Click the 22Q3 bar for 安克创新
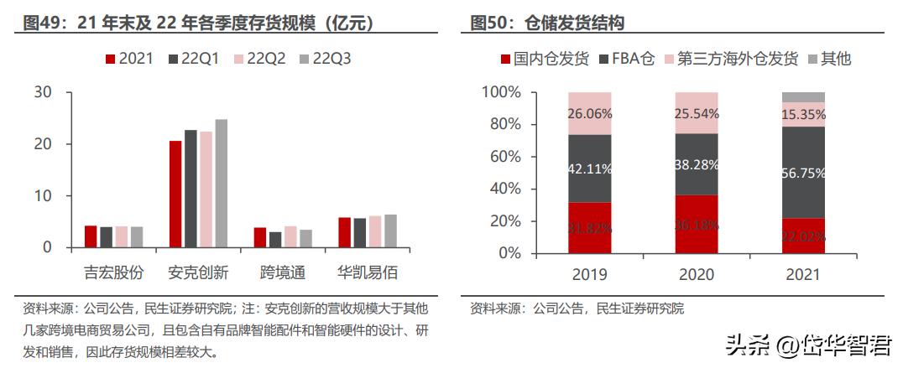pos(221,184)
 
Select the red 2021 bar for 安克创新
pos(175,194)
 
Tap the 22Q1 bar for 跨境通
pos(274,240)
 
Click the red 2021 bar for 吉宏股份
pos(91,236)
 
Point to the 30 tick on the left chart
pos(42,92)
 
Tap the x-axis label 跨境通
pos(282,273)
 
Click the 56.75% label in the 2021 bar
pos(803,174)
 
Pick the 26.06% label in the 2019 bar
pos(589,113)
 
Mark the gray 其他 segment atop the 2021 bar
pos(803,96)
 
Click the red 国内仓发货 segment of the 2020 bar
pos(696,224)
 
